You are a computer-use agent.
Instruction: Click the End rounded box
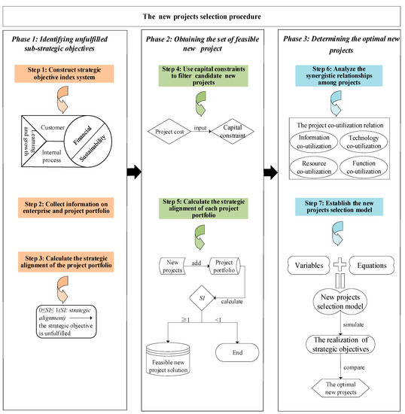click(237, 354)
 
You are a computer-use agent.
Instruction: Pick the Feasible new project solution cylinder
click(171, 354)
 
